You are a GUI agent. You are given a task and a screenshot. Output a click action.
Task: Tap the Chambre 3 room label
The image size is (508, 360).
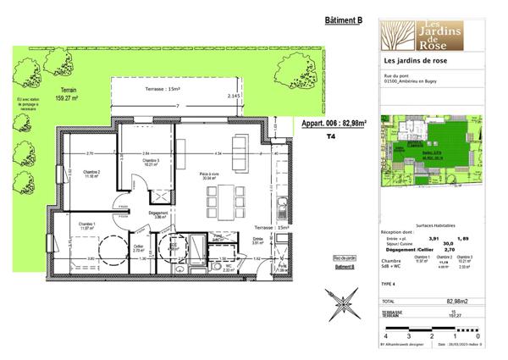click(151, 163)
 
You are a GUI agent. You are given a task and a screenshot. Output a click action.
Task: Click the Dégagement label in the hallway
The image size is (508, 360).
click(158, 214)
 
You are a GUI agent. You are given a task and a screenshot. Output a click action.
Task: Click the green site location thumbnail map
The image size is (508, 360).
click(439, 151)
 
